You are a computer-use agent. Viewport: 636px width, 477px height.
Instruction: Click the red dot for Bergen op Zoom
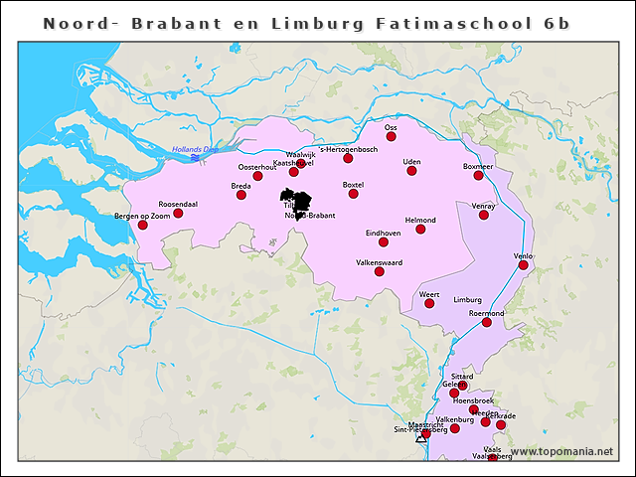[x=143, y=226]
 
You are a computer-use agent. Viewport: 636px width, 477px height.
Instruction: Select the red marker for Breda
[x=241, y=195]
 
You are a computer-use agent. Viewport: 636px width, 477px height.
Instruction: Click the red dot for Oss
[x=392, y=136]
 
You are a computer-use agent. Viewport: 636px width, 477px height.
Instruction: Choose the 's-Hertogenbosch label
[x=347, y=149]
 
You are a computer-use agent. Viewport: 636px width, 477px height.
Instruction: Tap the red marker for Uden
[x=412, y=171]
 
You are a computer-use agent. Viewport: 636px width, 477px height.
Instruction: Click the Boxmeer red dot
[x=479, y=176]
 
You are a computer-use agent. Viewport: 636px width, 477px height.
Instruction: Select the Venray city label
[x=483, y=206]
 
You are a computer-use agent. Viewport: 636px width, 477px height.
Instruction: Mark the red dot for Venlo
[x=524, y=265]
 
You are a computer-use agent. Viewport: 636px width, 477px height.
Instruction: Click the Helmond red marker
[x=420, y=230]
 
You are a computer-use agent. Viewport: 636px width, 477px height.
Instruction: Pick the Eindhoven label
[x=383, y=233]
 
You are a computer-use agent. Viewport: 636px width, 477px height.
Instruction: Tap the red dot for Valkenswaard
[x=379, y=271]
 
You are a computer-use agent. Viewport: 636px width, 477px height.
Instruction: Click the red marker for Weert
[x=429, y=303]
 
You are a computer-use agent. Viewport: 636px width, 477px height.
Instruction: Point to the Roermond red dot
[x=487, y=322]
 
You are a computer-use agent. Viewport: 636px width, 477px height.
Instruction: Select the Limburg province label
[x=467, y=299]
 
